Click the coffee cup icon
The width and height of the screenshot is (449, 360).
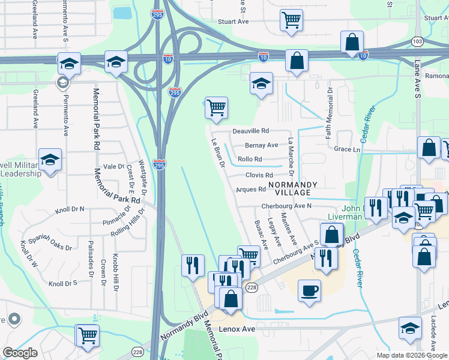click(310, 291)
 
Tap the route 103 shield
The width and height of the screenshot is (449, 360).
click(417, 41)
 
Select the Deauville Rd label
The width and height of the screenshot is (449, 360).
click(251, 131)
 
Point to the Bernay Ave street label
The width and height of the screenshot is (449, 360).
click(262, 145)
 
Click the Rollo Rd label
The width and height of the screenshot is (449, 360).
click(250, 159)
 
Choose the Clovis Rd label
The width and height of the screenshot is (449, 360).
click(259, 175)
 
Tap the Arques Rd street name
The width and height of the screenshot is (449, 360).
click(251, 190)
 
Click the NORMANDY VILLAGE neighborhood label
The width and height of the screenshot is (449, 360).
click(289, 188)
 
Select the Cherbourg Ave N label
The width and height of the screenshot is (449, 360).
click(286, 206)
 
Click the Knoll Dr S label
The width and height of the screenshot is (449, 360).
click(63, 283)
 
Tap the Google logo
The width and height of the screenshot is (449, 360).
click(20, 352)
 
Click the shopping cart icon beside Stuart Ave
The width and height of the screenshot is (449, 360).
click(291, 20)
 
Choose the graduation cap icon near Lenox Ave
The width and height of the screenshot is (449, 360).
click(410, 328)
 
